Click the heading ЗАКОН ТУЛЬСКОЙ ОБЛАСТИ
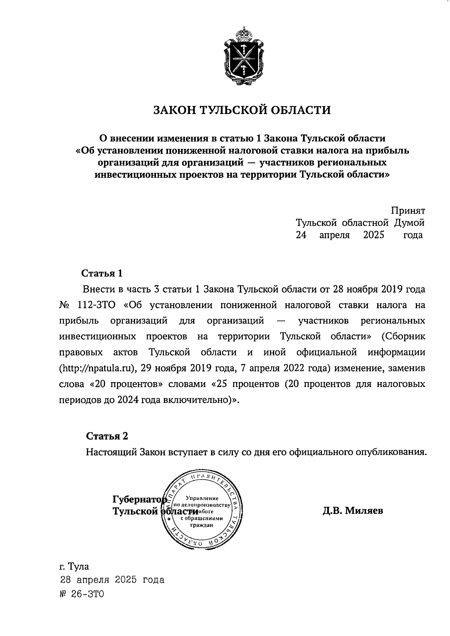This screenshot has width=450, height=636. [242, 110]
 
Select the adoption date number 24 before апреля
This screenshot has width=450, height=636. [301, 235]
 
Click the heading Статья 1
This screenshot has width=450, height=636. [102, 273]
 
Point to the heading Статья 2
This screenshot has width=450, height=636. [107, 436]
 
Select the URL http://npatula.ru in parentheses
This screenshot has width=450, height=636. [97, 369]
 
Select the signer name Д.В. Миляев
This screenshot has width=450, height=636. [352, 510]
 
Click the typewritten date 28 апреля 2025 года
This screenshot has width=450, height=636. [112, 580]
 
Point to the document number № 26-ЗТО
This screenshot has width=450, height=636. [82, 594]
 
